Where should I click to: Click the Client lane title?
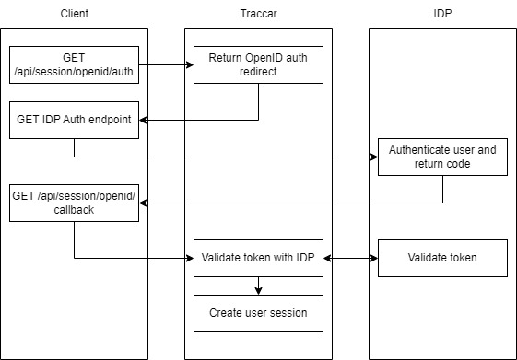(74, 15)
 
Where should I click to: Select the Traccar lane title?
(257, 15)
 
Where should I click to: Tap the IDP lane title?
(441, 15)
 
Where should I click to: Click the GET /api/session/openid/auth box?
(74, 64)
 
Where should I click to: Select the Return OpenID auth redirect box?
(257, 64)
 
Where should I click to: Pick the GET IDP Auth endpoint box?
(74, 120)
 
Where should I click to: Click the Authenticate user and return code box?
(441, 157)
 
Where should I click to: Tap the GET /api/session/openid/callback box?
(74, 203)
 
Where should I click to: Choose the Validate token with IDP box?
(257, 258)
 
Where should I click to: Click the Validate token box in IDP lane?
(441, 258)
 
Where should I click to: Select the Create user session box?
(257, 313)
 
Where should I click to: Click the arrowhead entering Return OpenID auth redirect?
(189, 64)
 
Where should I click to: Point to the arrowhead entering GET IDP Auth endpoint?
(144, 120)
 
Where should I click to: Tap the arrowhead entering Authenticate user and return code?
(373, 157)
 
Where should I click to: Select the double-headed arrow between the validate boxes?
(350, 258)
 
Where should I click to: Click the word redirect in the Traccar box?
(258, 72)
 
